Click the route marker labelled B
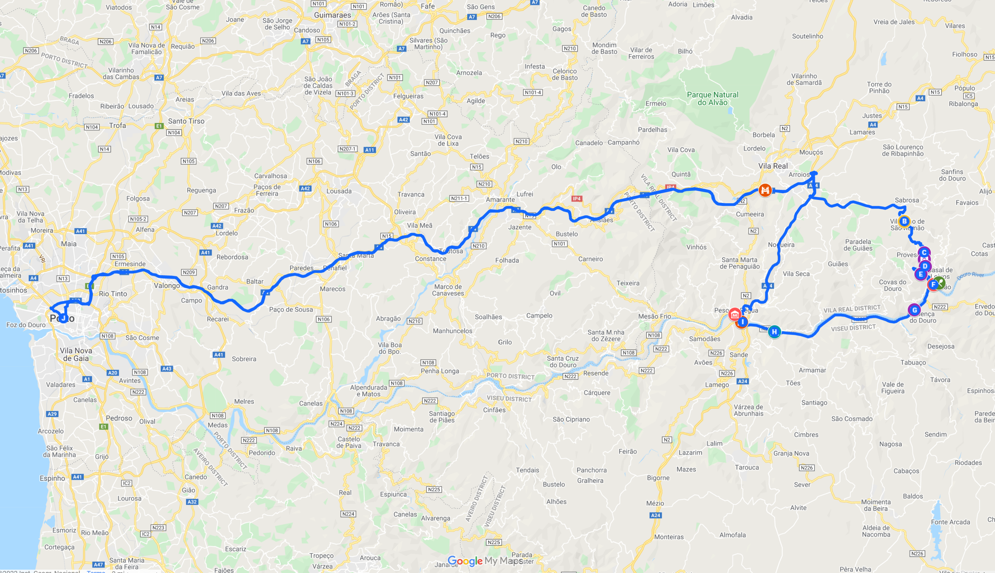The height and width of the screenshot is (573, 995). click(904, 221)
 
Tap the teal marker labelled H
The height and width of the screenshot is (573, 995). click(774, 332)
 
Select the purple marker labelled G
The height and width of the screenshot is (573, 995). click(914, 310)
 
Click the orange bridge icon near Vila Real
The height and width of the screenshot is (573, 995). click(765, 191)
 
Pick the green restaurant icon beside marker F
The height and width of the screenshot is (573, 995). click(939, 282)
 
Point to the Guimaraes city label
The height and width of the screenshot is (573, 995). click(332, 15)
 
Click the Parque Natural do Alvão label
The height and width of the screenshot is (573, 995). click(713, 98)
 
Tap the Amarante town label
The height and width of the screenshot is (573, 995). click(500, 200)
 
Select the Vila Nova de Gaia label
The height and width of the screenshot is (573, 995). click(76, 354)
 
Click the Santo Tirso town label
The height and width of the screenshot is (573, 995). click(186, 121)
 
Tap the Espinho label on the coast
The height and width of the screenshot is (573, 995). click(52, 478)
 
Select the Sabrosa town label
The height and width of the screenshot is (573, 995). click(907, 200)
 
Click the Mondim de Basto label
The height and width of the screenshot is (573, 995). click(604, 48)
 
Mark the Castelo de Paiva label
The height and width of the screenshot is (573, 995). click(348, 442)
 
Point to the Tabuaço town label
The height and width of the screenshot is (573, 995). click(913, 362)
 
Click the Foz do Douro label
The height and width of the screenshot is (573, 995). click(26, 325)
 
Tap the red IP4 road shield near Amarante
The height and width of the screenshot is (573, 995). click(577, 199)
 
